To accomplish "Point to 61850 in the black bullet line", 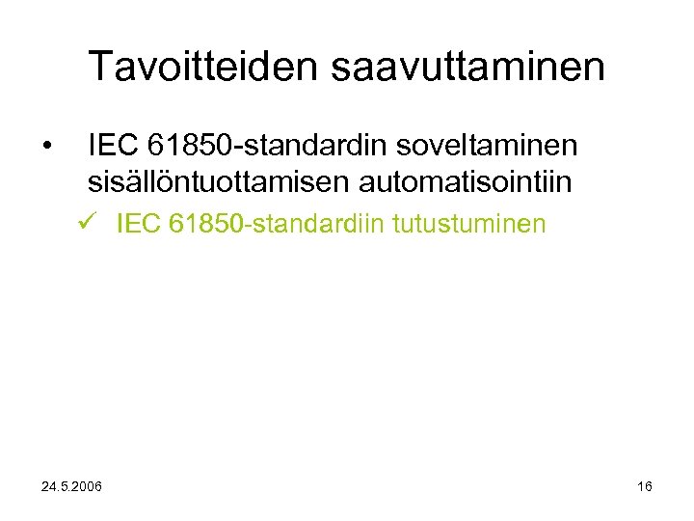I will coord(194,146).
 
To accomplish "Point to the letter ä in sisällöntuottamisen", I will coord(131,180).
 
